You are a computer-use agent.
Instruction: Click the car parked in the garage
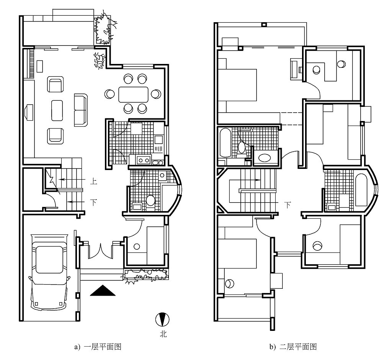point(49,272)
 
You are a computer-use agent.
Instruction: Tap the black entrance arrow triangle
point(103,291)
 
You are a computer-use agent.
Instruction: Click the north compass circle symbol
point(162,319)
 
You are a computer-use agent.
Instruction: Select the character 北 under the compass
point(163,334)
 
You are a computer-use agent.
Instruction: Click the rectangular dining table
point(133,95)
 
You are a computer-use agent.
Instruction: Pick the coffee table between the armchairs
point(57,111)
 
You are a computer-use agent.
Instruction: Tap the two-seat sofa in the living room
point(81,110)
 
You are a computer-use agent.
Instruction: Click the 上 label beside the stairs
point(93,181)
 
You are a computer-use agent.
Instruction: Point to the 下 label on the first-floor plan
point(93,202)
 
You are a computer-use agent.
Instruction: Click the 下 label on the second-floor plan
point(287,205)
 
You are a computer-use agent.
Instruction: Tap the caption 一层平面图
point(103,347)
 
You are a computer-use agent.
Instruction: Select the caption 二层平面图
point(298,347)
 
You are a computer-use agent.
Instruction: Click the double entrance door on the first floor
point(100,251)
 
